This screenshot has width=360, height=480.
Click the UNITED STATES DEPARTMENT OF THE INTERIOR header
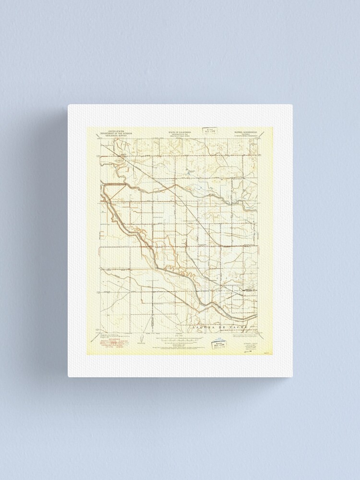(117, 132)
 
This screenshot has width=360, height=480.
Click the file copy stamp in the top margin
(209, 130)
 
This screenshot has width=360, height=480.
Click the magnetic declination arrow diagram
(139, 340)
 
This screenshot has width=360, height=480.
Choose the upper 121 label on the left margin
(99, 156)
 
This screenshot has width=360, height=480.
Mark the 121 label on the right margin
(260, 156)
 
